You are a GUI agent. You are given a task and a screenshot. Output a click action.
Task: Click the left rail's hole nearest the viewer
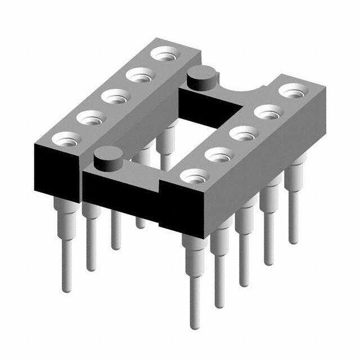coord(66,138)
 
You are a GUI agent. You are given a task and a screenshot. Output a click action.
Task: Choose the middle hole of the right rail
coord(242,134)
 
